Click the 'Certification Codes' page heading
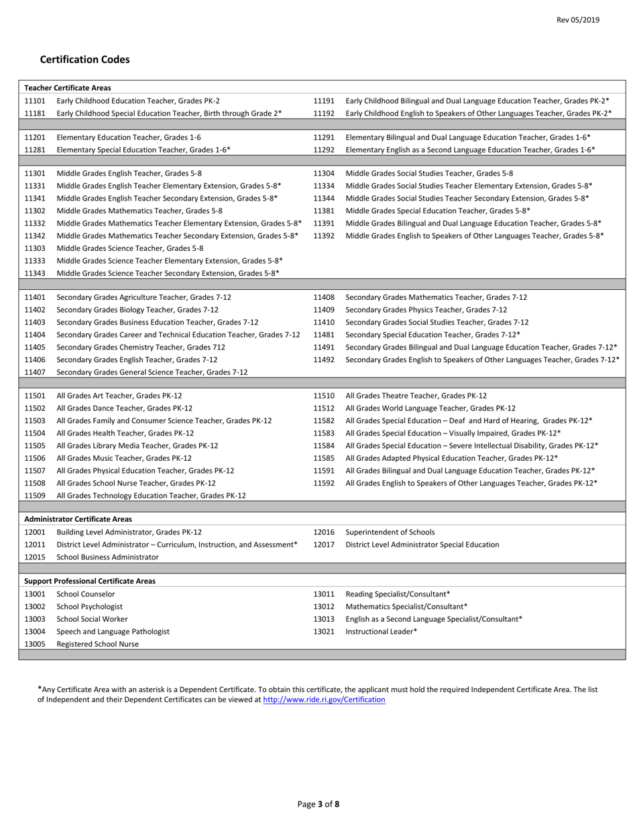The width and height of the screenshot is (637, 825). point(85,60)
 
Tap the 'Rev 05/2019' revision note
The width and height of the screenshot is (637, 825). point(578,21)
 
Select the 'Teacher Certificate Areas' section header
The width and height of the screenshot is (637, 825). point(68,87)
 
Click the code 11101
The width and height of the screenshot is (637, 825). point(35,100)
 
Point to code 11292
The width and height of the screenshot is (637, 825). point(324,150)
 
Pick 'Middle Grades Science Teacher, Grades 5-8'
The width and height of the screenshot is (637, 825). point(130,248)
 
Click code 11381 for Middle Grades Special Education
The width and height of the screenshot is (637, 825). point(324,210)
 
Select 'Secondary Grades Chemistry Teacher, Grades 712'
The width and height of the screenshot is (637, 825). point(141,347)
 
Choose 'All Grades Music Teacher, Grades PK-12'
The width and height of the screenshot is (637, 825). point(124,458)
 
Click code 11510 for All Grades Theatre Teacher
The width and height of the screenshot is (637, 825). point(324,395)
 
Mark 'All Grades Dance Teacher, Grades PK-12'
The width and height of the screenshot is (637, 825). point(125,407)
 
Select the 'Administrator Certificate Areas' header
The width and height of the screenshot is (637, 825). point(78,519)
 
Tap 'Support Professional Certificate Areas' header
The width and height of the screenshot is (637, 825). point(90,581)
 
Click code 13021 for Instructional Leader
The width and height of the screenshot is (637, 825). point(324,631)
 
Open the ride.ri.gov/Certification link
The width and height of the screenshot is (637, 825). point(324,700)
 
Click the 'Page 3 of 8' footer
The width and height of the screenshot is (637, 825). point(318,804)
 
